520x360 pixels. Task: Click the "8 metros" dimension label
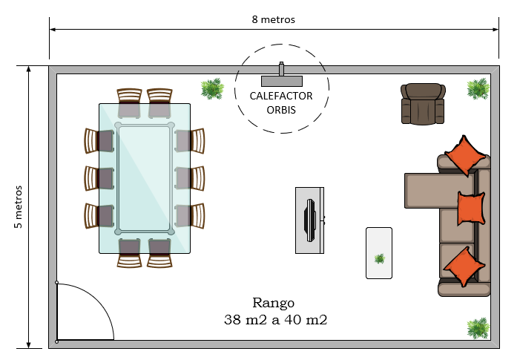tap(273, 19)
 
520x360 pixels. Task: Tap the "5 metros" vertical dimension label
tap(19, 206)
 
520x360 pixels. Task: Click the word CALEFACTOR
tap(281, 96)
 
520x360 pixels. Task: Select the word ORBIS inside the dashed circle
tap(281, 110)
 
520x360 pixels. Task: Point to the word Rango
tap(273, 304)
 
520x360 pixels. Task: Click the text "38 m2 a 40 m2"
tap(275, 320)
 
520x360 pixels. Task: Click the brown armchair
tap(423, 104)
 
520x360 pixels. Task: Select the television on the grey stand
tap(310, 220)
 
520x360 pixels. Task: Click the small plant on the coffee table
tap(379, 259)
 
